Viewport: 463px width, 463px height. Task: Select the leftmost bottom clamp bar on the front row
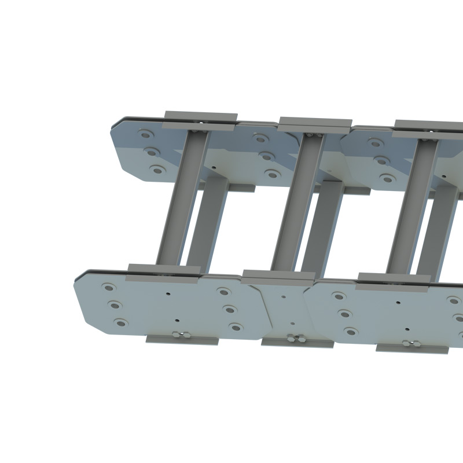[182, 340]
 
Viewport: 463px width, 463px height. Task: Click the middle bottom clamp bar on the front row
[297, 343]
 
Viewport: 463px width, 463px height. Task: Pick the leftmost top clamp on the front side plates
[164, 269]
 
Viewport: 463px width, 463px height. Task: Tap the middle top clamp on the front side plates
[278, 274]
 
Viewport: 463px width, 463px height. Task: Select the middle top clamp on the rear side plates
[315, 123]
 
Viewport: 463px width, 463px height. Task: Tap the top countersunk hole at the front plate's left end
[108, 287]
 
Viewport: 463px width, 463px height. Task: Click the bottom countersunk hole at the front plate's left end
[120, 322]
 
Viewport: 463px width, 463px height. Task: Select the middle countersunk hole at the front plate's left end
[114, 305]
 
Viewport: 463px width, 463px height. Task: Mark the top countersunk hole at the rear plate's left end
[145, 135]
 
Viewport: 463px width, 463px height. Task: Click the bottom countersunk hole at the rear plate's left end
[156, 170]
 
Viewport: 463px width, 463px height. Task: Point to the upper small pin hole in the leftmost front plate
[168, 293]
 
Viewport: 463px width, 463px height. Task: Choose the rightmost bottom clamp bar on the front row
[412, 348]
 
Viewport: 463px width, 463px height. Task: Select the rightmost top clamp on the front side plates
[394, 278]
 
